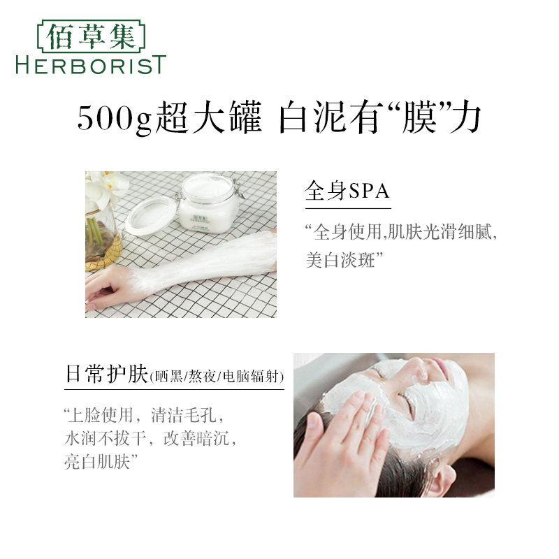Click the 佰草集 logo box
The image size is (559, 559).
[90, 36]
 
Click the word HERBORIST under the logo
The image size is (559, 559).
[90, 65]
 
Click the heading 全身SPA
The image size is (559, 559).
[347, 191]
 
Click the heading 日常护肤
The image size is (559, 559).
[106, 375]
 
